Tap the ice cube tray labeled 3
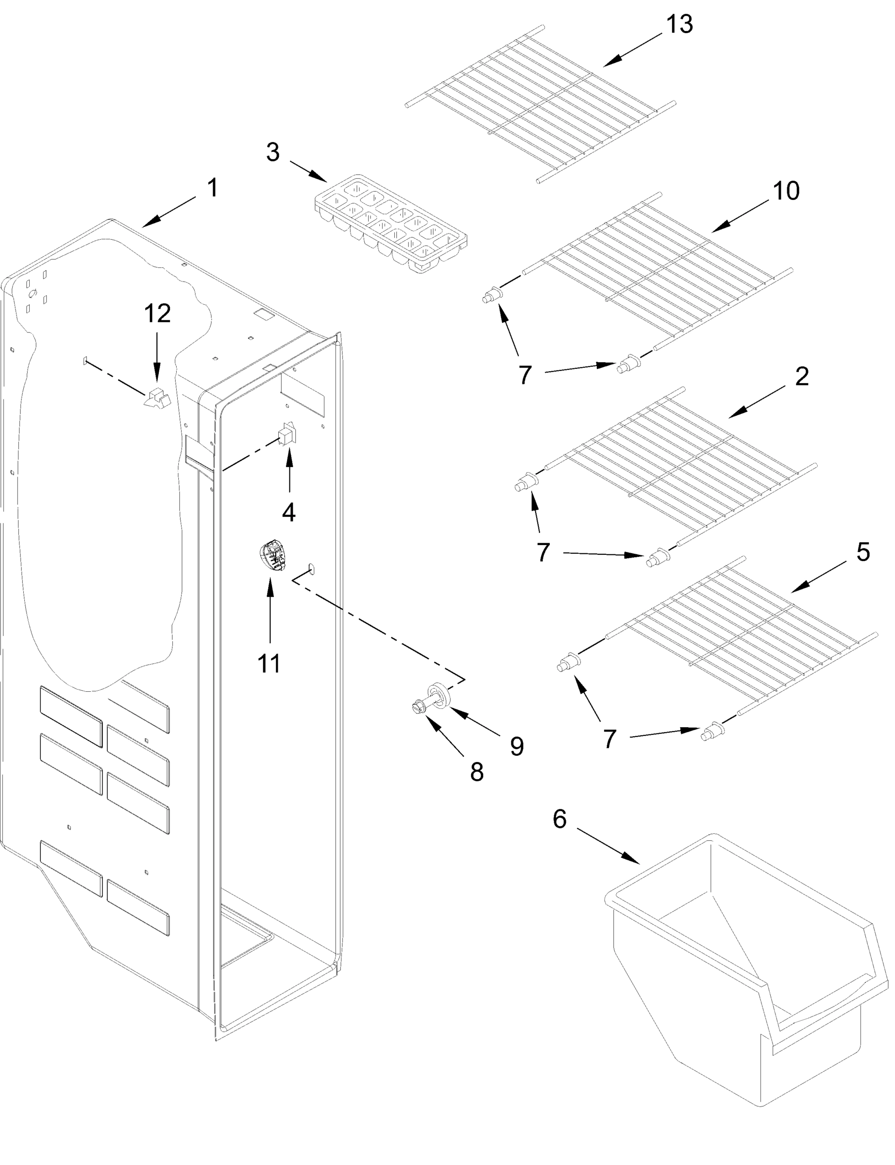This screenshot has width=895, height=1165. tap(390, 224)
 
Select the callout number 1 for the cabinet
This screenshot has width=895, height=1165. tap(212, 188)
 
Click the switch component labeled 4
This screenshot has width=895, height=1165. tap(287, 435)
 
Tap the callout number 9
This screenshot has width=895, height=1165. tap(516, 747)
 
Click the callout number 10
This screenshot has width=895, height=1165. tap(786, 191)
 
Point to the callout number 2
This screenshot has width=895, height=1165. tap(802, 377)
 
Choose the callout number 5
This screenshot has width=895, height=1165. tap(862, 552)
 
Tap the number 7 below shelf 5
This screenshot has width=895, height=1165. tap(609, 739)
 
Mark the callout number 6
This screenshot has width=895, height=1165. tap(559, 819)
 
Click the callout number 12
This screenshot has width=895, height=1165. tap(157, 314)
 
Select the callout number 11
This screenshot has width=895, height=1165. tap(269, 664)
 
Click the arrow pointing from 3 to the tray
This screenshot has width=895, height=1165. tap(308, 171)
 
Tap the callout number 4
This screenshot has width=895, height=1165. tap(288, 512)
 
